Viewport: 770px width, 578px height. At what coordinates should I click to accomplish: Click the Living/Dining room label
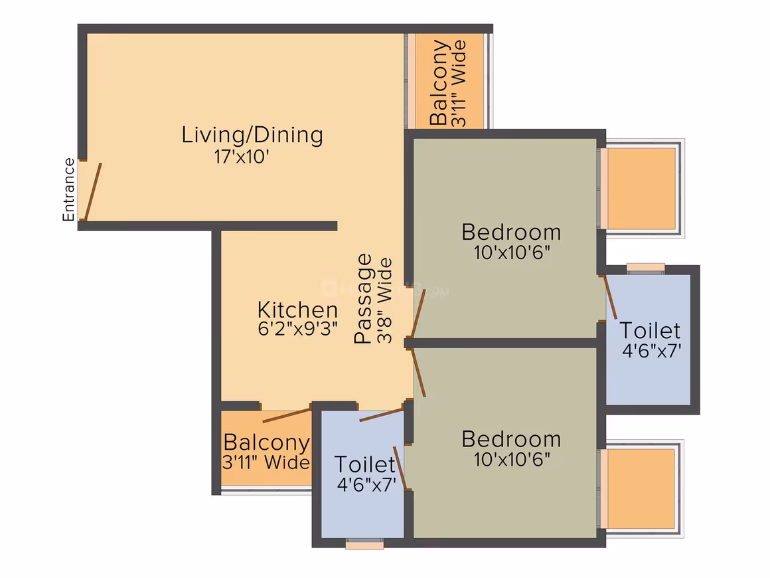(252, 135)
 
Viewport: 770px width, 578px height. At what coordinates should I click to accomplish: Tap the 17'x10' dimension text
(242, 157)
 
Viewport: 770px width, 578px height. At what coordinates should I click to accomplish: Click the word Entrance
(69, 190)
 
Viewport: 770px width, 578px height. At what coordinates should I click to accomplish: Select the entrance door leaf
(93, 192)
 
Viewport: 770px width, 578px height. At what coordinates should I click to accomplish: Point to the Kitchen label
(297, 310)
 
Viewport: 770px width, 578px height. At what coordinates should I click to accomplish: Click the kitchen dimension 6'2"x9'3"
(297, 329)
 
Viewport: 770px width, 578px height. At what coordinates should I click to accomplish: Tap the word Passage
(364, 298)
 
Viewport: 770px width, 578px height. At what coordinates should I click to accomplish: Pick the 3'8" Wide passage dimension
(384, 300)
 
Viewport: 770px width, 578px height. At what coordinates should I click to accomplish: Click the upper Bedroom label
(511, 232)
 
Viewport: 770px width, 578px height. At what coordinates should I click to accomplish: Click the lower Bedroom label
(511, 439)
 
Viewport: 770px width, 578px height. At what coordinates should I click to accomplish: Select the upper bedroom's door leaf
(418, 314)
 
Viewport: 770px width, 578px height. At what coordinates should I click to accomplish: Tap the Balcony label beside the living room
(439, 82)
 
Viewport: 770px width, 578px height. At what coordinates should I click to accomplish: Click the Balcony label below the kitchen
(267, 442)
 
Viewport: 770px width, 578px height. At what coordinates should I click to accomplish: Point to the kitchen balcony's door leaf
(287, 415)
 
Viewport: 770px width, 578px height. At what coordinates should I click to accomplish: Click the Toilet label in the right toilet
(650, 330)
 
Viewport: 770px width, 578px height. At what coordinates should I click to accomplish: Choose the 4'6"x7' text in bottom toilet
(366, 484)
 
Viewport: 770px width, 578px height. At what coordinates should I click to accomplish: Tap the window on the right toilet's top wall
(646, 268)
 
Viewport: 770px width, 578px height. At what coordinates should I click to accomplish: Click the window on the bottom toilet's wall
(364, 543)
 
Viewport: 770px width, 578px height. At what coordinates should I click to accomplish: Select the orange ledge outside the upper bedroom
(641, 189)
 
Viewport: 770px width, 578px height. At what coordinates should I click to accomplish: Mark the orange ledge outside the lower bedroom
(641, 488)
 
